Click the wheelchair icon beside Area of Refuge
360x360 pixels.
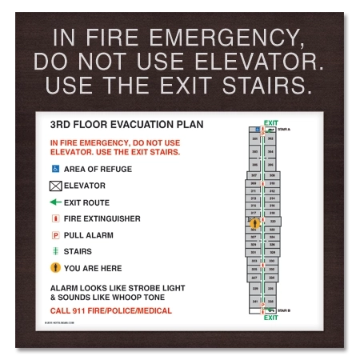coord(55,169)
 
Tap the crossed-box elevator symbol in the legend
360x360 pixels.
coord(55,186)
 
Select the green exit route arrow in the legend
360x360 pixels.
coord(55,202)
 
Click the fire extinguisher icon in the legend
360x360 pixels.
coord(55,218)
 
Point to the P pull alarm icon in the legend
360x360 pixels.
coord(55,235)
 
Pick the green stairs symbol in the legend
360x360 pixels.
coord(55,251)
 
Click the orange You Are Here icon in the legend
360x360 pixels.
coord(55,268)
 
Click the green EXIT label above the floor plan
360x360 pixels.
coord(270,122)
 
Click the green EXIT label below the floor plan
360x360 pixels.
coord(270,318)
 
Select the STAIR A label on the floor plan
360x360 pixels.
coord(283,129)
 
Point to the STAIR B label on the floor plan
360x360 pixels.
coord(283,310)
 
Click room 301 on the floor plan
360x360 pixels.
coord(255,139)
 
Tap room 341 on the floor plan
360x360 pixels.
coord(255,301)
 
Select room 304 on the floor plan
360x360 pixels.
coord(271,150)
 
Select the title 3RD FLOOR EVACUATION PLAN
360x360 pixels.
coord(126,125)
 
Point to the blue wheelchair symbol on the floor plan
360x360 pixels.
coord(258,129)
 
